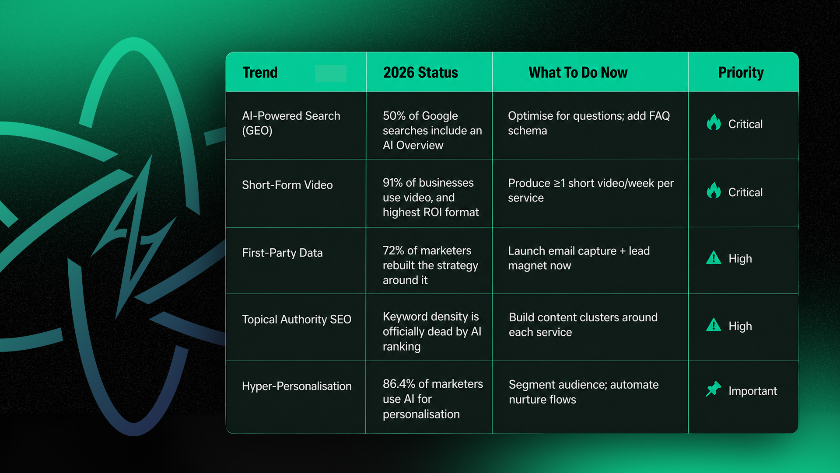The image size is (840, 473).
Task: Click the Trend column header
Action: [260, 73]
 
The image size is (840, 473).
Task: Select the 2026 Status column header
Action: [420, 73]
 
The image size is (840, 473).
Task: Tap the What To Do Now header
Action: [578, 73]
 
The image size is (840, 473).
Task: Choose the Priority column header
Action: [741, 73]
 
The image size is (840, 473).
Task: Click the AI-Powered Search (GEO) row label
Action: [291, 123]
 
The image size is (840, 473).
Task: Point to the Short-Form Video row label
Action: [287, 185]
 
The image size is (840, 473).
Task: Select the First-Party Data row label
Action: [282, 253]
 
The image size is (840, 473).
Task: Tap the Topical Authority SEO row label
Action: [297, 320]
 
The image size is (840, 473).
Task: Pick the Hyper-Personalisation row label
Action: [297, 386]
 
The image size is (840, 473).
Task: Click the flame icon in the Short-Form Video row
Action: [714, 191]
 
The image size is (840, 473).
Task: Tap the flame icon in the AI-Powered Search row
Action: [714, 122]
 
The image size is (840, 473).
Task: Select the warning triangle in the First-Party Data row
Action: [714, 257]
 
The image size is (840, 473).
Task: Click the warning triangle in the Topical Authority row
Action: [714, 325]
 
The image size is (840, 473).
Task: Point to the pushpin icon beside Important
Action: [713, 389]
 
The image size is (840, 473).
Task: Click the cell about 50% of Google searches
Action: [432, 130]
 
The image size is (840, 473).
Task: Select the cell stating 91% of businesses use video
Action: [430, 197]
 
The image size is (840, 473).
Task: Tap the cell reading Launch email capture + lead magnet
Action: [579, 258]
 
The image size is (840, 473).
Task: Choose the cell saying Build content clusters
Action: [583, 325]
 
